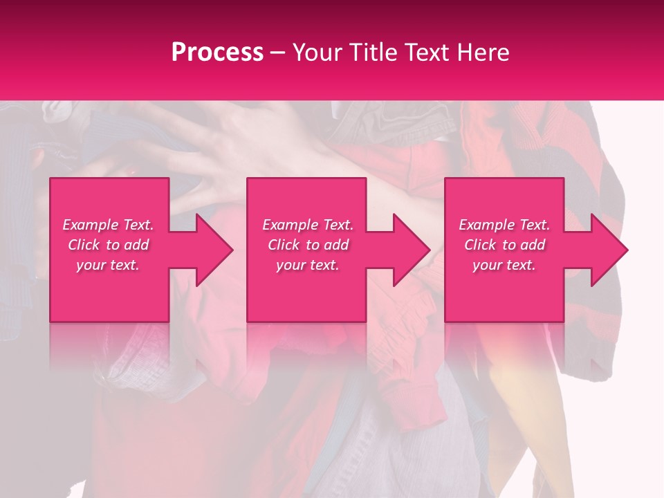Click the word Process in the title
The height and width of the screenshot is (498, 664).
coord(217,53)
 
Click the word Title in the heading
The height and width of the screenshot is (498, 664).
coord(371,53)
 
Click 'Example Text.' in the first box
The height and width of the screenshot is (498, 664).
coord(108,225)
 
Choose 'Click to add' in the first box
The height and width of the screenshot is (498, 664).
coord(108,245)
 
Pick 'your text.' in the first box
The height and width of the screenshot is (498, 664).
coord(108,265)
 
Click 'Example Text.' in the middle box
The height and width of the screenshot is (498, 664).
coord(308,225)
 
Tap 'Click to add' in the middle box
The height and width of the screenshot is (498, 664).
coord(308,245)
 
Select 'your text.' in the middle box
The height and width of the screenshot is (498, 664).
coord(308,265)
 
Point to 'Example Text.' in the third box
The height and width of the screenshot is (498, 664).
coord(504,225)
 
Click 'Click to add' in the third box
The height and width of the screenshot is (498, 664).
coord(504,245)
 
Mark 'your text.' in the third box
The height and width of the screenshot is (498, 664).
coord(504,265)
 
